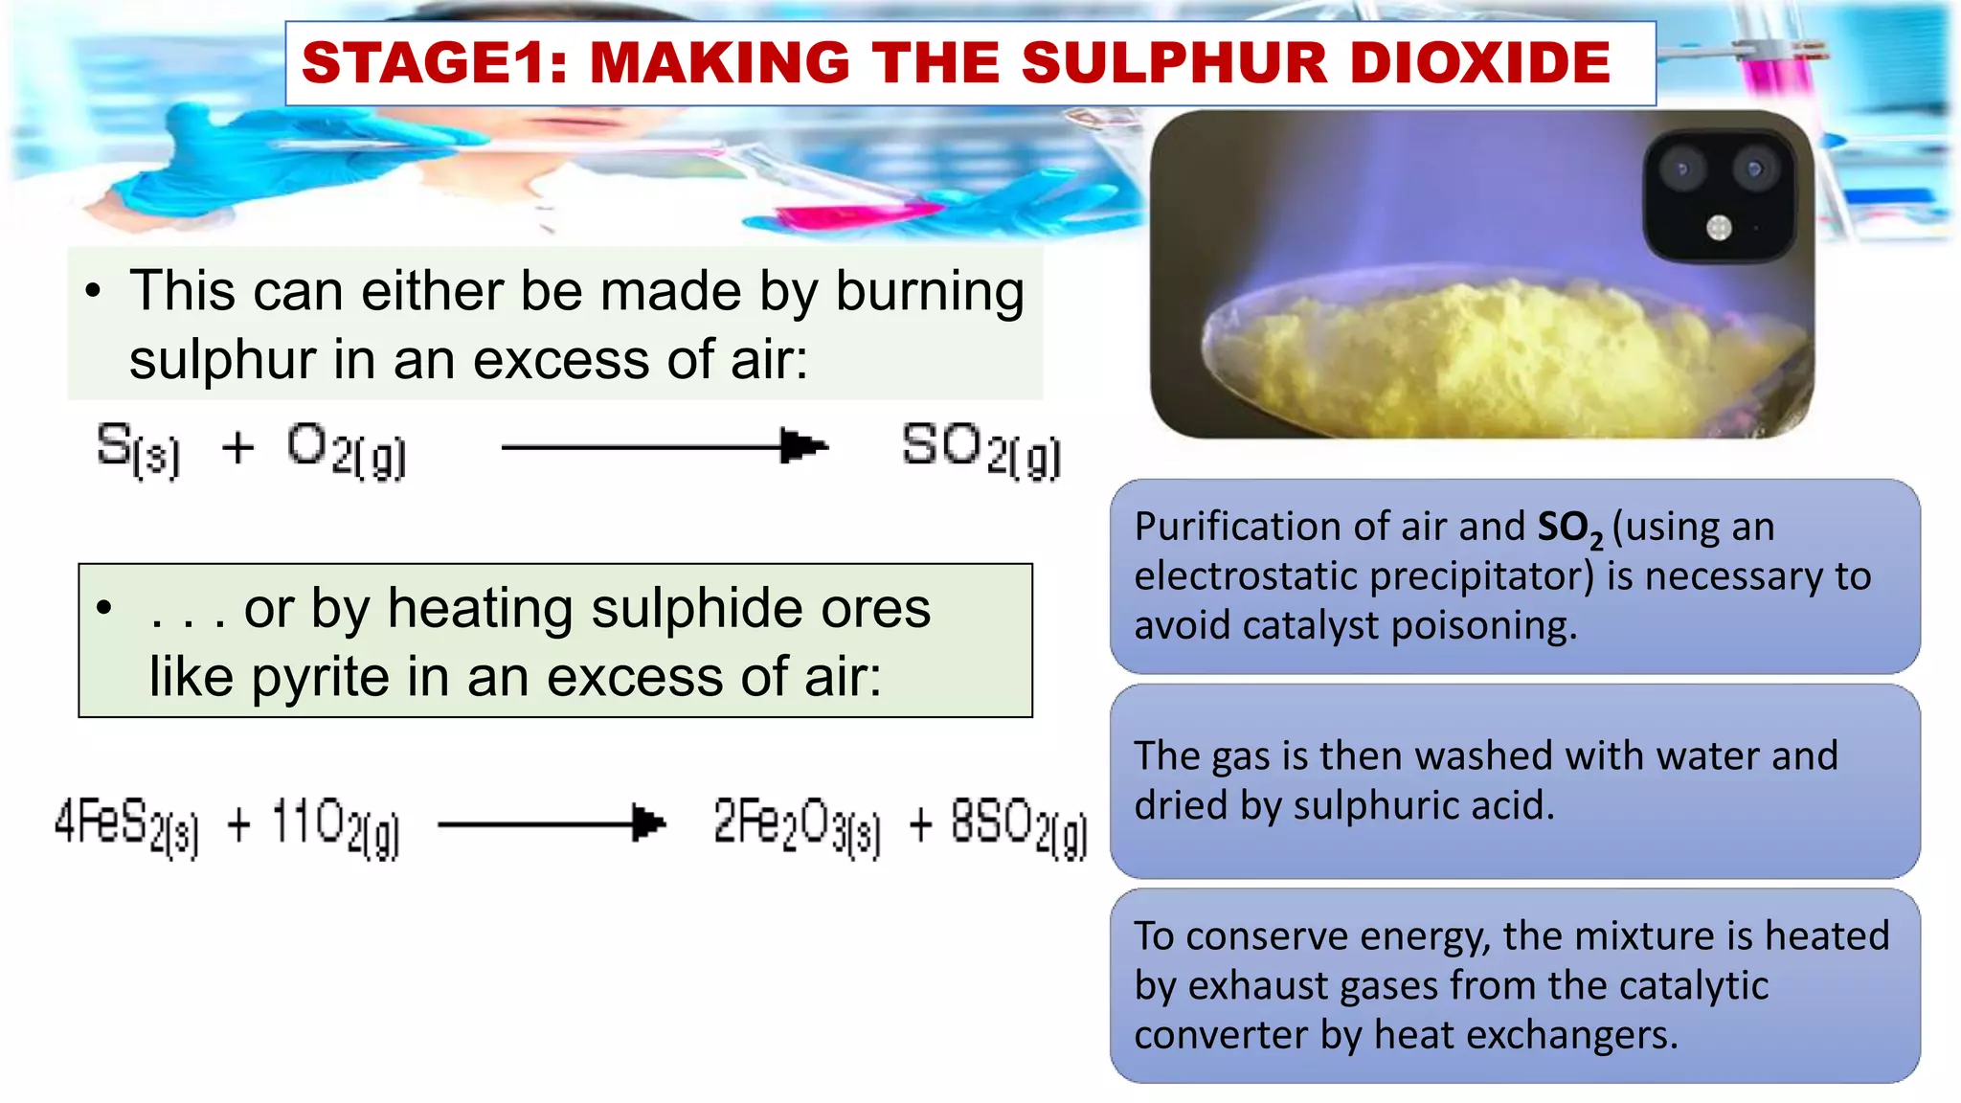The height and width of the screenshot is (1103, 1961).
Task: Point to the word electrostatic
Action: pos(1246,576)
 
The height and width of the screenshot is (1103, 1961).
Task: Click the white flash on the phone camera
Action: pos(1719,228)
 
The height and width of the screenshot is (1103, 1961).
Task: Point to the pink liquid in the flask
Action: pos(843,215)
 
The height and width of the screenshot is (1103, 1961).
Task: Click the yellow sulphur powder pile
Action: pos(1494,354)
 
